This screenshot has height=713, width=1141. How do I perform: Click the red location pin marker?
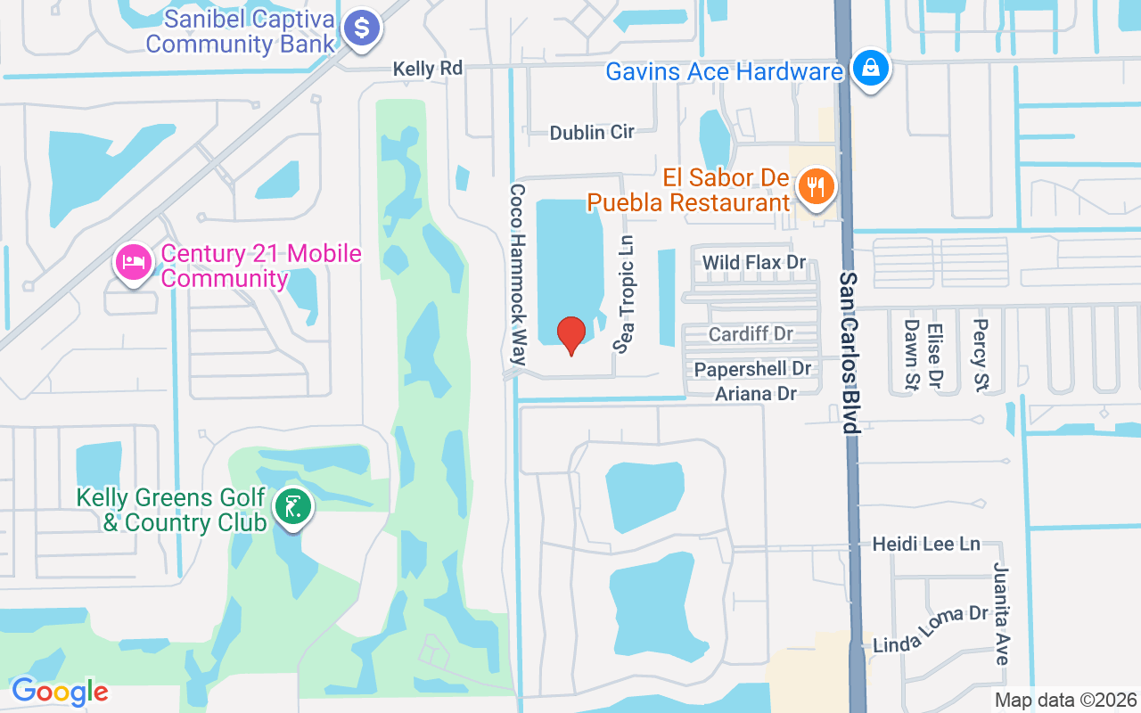[570, 335]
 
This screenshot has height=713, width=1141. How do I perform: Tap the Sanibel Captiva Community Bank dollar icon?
[363, 28]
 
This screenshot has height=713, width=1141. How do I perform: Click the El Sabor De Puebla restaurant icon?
[815, 187]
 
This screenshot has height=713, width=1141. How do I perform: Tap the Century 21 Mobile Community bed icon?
[134, 262]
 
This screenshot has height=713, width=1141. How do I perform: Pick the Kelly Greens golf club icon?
[293, 507]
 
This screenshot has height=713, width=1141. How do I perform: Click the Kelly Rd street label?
[429, 69]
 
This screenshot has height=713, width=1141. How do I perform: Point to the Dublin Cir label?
[592, 132]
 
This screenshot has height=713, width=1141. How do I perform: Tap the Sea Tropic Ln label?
[627, 293]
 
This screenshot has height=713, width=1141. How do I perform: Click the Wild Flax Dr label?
[754, 262]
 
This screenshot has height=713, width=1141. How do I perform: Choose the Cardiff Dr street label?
[751, 334]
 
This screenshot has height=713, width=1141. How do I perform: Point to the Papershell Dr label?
[753, 369]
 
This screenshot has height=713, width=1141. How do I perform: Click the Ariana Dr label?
[756, 393]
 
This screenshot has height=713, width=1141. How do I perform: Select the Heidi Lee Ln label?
[926, 544]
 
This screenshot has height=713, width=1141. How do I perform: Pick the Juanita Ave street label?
[1002, 613]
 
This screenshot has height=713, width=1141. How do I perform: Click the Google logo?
[60, 692]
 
